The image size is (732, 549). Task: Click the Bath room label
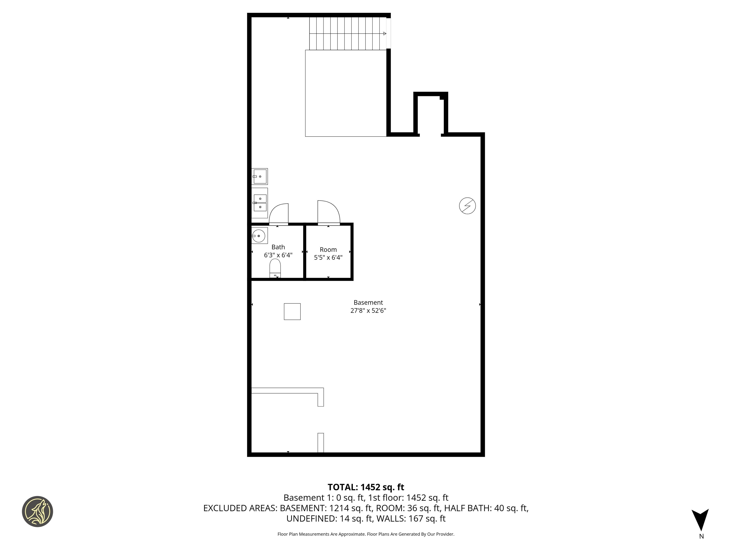click(278, 247)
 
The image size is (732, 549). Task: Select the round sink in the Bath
click(259, 236)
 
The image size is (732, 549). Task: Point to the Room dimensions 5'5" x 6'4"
click(328, 257)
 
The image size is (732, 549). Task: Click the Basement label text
click(368, 302)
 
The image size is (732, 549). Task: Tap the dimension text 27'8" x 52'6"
click(368, 310)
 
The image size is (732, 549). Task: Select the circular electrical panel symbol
click(467, 206)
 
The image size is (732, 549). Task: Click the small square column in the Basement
click(292, 311)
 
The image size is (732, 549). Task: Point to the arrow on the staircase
click(385, 33)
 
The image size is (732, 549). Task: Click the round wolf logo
click(37, 511)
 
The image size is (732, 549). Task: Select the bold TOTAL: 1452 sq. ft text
click(366, 487)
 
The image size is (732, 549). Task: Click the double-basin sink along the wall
click(260, 203)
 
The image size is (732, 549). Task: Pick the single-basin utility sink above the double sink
click(260, 176)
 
